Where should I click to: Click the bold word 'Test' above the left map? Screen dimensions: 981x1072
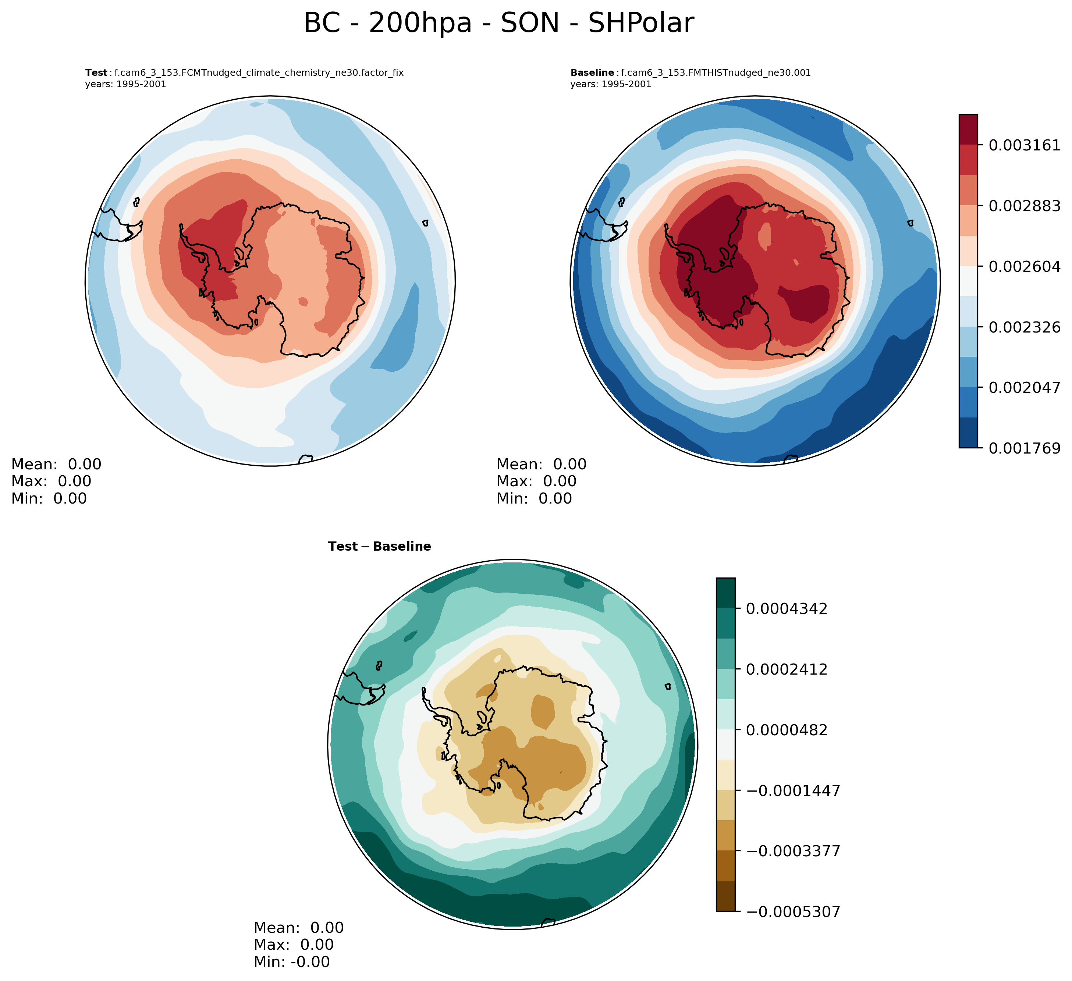click(x=96, y=73)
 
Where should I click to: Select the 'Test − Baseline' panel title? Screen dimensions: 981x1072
click(x=379, y=547)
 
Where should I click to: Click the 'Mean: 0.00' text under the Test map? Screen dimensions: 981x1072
click(x=56, y=464)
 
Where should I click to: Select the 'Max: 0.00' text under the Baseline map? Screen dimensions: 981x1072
click(x=536, y=481)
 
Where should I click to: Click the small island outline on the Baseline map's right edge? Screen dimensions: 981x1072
click(x=911, y=223)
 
